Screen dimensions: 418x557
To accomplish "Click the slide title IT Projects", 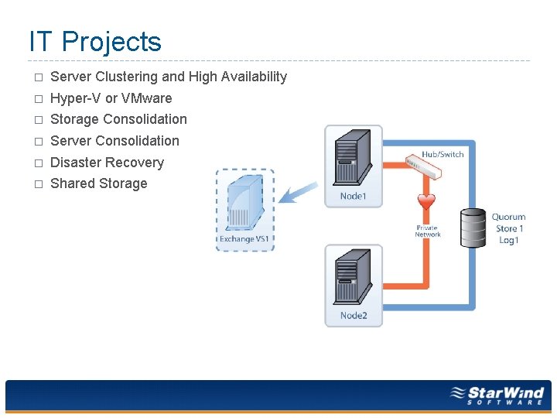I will pyautogui.click(x=95, y=42).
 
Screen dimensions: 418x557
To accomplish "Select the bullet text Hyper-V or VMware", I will pyautogui.click(x=111, y=98).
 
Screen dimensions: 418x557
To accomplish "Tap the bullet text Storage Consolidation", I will pyautogui.click(x=118, y=119).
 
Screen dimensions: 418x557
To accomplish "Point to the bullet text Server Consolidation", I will pyautogui.click(x=114, y=141).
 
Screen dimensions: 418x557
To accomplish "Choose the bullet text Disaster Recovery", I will pyautogui.click(x=107, y=163).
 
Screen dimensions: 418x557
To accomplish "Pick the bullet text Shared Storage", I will pyautogui.click(x=98, y=183).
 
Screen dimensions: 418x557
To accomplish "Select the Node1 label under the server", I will pyautogui.click(x=354, y=196).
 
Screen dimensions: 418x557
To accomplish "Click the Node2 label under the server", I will pyautogui.click(x=354, y=315).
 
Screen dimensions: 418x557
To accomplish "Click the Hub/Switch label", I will pyautogui.click(x=443, y=154).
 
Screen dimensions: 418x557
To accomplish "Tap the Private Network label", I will pyautogui.click(x=427, y=231).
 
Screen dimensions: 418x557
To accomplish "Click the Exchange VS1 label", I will pyautogui.click(x=244, y=239).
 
